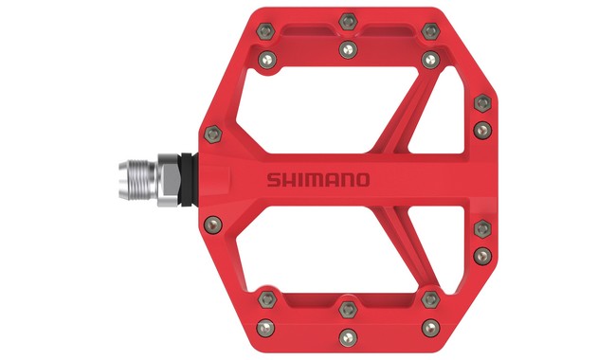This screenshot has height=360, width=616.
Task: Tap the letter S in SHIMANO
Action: (271, 179)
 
